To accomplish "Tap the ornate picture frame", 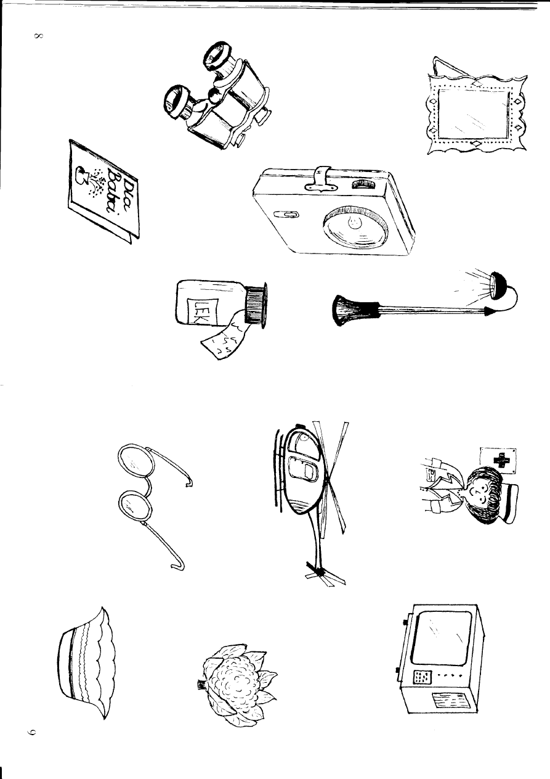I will point(475,114).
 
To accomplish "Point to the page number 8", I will point(38,36).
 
